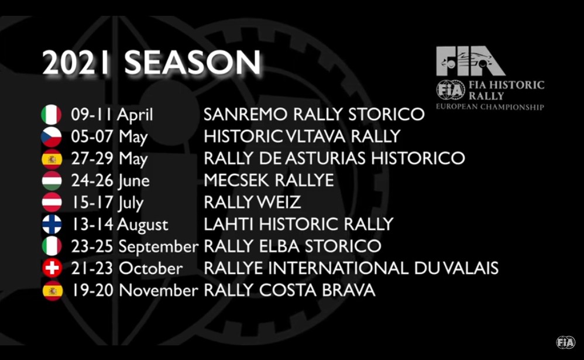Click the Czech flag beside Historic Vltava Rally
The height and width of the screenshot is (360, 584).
pyautogui.click(x=51, y=137)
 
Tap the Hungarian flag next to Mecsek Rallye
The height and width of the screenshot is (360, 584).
pyautogui.click(x=51, y=181)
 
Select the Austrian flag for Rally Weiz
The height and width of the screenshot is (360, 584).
pyautogui.click(x=51, y=203)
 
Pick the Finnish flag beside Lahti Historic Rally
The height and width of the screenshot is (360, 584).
pyautogui.click(x=51, y=225)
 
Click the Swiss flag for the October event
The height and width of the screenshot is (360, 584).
pyautogui.click(x=51, y=269)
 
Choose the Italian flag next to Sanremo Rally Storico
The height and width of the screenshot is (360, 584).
pyautogui.click(x=51, y=115)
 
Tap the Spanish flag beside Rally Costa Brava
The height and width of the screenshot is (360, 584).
pyautogui.click(x=51, y=291)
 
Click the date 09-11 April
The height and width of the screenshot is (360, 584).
pyautogui.click(x=112, y=115)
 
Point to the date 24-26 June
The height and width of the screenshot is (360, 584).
pyautogui.click(x=110, y=181)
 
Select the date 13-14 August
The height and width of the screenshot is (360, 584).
pyautogui.click(x=119, y=225)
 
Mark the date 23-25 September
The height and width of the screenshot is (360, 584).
pyautogui.click(x=135, y=246)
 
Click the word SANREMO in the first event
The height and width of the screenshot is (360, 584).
pyautogui.click(x=246, y=114)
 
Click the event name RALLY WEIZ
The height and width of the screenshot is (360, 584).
pyautogui.click(x=252, y=203)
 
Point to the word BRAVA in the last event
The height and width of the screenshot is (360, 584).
pyautogui.click(x=348, y=290)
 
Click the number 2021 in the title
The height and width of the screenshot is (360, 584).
pyautogui.click(x=76, y=63)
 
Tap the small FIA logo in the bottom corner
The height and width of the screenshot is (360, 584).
pyautogui.click(x=565, y=342)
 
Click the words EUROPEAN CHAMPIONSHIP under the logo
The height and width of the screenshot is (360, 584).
pyautogui.click(x=490, y=107)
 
